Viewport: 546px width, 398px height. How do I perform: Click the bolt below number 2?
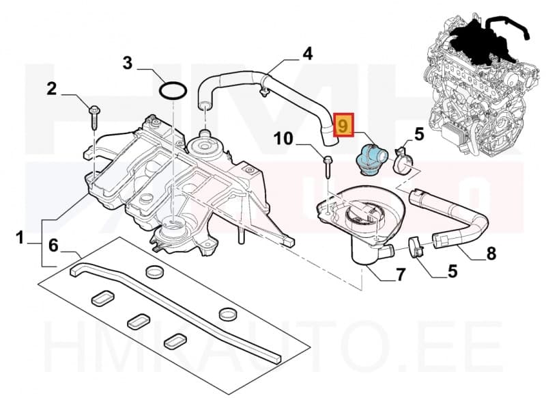pyautogui.click(x=94, y=117)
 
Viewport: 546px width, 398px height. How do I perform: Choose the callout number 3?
pyautogui.click(x=128, y=64)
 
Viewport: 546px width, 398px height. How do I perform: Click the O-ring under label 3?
pyautogui.click(x=174, y=90)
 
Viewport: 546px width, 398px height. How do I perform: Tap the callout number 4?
pyautogui.click(x=308, y=53)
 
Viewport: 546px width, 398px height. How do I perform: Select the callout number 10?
pyautogui.click(x=285, y=140)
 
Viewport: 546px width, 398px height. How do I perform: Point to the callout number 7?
pyautogui.click(x=401, y=276)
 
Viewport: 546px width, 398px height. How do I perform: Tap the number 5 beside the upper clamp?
pyautogui.click(x=418, y=133)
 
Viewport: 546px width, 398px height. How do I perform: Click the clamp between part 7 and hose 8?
pyautogui.click(x=417, y=245)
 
